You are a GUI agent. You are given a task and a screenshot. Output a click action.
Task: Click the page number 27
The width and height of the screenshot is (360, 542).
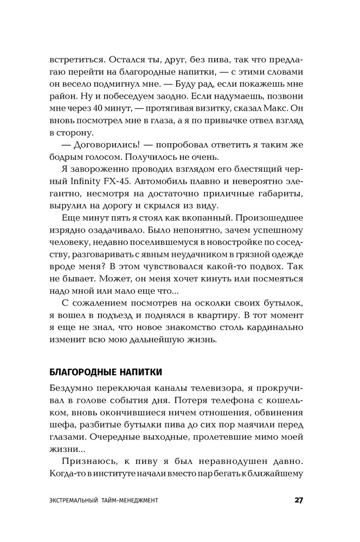tap(298, 500)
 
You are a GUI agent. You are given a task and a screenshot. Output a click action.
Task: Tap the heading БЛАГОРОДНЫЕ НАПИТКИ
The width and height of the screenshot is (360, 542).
tap(105, 372)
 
